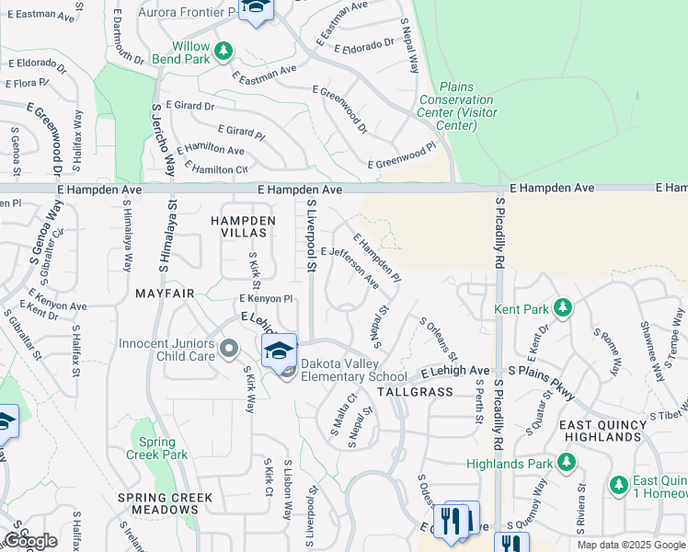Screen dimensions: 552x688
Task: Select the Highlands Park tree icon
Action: click(x=569, y=463)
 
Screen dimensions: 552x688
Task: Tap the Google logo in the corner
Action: click(x=30, y=540)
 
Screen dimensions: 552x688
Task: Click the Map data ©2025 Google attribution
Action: click(x=631, y=545)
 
